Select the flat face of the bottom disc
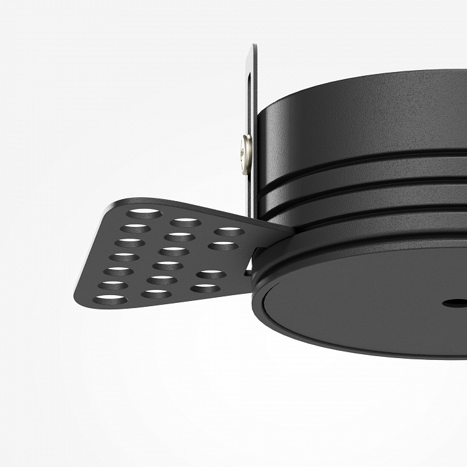(x=363, y=311)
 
